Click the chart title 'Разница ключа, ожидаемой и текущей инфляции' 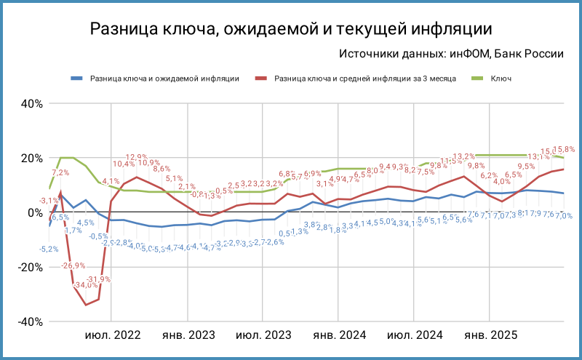point(291,29)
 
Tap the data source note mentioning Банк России point(451,54)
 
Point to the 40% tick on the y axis point(31,103)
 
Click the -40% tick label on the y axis point(29,321)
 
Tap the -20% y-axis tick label point(29,267)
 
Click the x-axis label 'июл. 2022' point(113,335)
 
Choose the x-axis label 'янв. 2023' point(188,335)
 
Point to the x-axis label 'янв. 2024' point(339,335)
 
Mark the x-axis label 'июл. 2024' point(415,335)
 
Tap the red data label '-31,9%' point(99,279)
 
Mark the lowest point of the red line point(86,305)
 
